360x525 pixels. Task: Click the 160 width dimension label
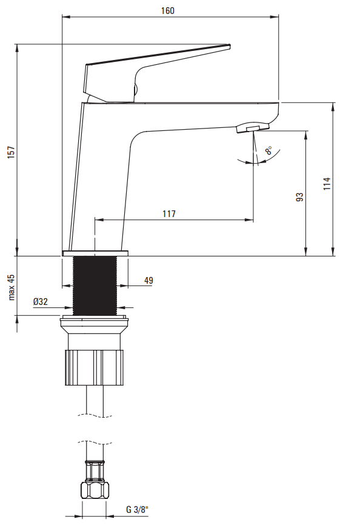(x=168, y=11)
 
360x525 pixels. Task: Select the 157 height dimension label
(x=12, y=152)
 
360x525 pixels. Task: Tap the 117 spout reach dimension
(x=169, y=213)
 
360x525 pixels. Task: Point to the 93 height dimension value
(x=300, y=196)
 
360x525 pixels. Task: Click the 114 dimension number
(x=327, y=184)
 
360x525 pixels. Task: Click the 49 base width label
(x=148, y=280)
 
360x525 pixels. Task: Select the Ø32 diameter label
(x=41, y=301)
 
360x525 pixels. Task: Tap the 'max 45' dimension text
(x=12, y=287)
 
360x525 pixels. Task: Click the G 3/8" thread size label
(x=137, y=510)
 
